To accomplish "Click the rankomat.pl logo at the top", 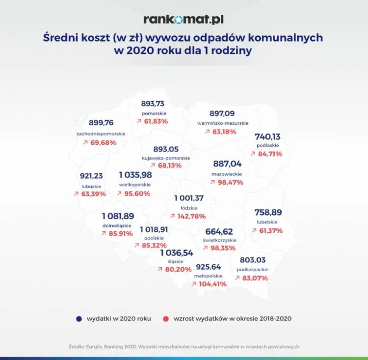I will pyautogui.click(x=184, y=19).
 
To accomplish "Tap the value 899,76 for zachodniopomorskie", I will pyautogui.click(x=101, y=123).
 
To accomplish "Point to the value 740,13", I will pyautogui.click(x=267, y=137).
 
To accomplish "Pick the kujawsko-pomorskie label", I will pyautogui.click(x=165, y=158).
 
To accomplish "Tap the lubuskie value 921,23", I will pyautogui.click(x=91, y=175).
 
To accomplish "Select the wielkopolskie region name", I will pyautogui.click(x=135, y=185).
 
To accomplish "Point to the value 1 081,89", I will pyautogui.click(x=117, y=216).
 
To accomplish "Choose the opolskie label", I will pyautogui.click(x=154, y=238).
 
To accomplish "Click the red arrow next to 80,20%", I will pyautogui.click(x=160, y=270).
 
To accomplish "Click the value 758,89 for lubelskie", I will pyautogui.click(x=268, y=212).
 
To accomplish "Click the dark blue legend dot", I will pyautogui.click(x=79, y=319).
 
